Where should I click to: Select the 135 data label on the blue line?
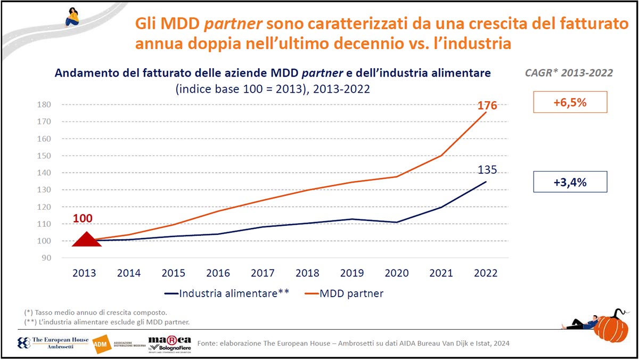(x=486, y=170)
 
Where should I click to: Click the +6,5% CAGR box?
(x=570, y=102)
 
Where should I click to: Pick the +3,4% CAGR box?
(x=570, y=182)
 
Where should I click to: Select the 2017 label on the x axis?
(x=263, y=273)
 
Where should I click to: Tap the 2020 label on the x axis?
(x=397, y=273)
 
